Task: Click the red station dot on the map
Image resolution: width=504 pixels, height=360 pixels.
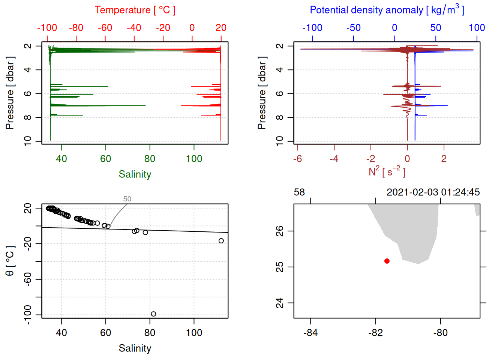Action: click(387, 261)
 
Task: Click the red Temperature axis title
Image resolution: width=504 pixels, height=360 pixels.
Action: click(135, 10)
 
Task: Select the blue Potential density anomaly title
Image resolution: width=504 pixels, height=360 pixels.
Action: click(387, 10)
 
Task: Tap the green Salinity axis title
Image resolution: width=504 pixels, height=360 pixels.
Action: click(135, 174)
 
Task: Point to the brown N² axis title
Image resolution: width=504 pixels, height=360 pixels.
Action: click(387, 172)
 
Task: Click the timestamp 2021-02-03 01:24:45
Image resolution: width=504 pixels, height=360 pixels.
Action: click(433, 192)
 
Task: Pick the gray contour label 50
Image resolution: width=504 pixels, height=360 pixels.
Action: click(127, 199)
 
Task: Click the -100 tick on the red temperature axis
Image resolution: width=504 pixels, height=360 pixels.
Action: click(47, 28)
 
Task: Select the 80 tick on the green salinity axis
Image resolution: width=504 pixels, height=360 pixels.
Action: click(150, 159)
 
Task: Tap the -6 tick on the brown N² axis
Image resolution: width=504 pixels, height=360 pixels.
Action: click(297, 159)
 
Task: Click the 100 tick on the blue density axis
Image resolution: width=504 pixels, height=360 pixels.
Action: click(477, 28)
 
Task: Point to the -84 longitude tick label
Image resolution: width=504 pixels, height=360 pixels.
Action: click(310, 333)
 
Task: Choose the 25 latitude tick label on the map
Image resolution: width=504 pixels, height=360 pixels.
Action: click(280, 267)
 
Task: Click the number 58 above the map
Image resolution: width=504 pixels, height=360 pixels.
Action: click(299, 192)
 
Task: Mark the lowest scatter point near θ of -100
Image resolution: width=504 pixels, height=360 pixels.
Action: click(153, 314)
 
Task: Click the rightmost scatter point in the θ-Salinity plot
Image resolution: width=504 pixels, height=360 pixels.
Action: click(221, 241)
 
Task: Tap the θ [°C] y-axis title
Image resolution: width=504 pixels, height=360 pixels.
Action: click(10, 261)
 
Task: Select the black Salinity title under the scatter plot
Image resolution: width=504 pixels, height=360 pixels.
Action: click(135, 348)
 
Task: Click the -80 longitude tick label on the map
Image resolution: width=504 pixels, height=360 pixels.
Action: click(440, 333)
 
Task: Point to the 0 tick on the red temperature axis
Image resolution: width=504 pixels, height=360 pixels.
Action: click(192, 28)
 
